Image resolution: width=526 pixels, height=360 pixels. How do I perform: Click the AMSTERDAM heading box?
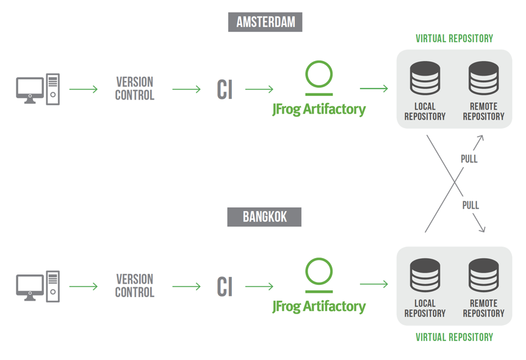coord(265,23)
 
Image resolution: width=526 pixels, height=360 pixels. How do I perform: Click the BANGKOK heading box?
coord(264,217)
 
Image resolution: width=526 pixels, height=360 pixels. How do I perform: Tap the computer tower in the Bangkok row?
coord(53,286)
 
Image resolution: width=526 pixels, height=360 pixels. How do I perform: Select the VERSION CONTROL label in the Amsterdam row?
coord(134,88)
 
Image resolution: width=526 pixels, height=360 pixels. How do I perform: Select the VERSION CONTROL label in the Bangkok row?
coord(134,286)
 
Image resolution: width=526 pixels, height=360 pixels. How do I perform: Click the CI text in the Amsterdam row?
coord(225,90)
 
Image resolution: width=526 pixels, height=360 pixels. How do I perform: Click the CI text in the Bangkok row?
coord(225,287)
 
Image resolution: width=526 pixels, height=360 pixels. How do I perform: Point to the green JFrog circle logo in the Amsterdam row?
coord(319,76)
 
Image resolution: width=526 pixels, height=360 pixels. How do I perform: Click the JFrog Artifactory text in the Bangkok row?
coord(319,306)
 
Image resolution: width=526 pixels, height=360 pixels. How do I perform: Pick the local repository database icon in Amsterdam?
coord(425,79)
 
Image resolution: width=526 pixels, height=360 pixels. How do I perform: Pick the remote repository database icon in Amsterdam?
coord(483,79)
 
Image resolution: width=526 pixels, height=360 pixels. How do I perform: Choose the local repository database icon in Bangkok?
coord(425,276)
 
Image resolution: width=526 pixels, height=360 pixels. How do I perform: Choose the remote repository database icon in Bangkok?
coord(483,276)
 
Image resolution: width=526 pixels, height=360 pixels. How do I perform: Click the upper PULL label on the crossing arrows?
coord(469,159)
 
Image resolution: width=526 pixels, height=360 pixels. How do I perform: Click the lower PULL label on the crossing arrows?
coord(470,206)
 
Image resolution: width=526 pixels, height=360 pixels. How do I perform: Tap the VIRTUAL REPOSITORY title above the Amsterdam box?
coord(454,38)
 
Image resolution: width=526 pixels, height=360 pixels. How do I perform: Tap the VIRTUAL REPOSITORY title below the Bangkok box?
coord(454,337)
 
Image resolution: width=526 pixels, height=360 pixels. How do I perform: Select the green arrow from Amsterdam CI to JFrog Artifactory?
coord(259,90)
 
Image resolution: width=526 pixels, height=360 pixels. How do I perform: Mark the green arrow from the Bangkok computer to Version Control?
coord(84,286)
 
